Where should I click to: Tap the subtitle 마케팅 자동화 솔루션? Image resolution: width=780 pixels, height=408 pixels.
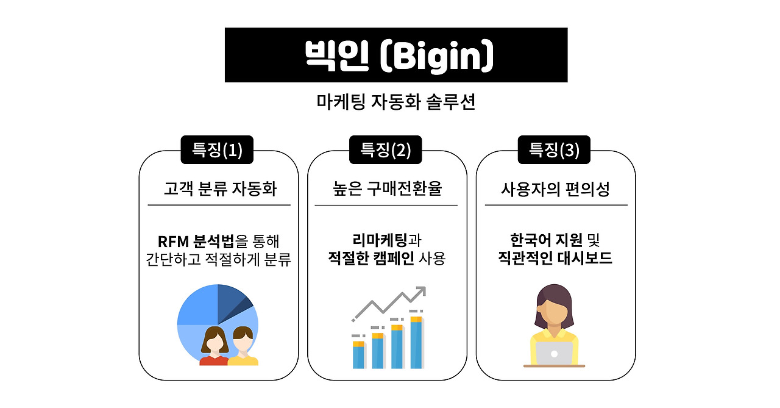pyautogui.click(x=396, y=102)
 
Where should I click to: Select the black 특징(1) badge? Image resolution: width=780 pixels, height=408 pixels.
pyautogui.click(x=217, y=150)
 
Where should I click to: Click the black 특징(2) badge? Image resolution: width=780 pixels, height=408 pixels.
pyautogui.click(x=386, y=150)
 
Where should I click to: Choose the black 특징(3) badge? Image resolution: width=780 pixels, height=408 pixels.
pyautogui.click(x=554, y=150)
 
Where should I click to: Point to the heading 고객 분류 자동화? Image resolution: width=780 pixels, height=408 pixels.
pyautogui.click(x=220, y=189)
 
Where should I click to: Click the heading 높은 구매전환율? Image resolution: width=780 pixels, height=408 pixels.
pyautogui.click(x=387, y=188)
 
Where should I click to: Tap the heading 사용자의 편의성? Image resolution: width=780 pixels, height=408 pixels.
pyautogui.click(x=555, y=189)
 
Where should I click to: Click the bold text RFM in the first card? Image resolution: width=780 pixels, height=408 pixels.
pyautogui.click(x=173, y=242)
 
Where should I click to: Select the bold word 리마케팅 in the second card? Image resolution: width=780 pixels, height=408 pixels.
pyautogui.click(x=380, y=240)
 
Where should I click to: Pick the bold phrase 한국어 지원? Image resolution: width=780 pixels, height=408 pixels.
pyautogui.click(x=547, y=240)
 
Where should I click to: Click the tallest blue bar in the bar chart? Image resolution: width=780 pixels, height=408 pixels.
pyautogui.click(x=416, y=345)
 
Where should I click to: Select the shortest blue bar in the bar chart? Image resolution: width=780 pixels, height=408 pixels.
pyautogui.click(x=358, y=357)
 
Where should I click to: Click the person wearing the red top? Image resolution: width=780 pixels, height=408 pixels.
pyautogui.click(x=214, y=346)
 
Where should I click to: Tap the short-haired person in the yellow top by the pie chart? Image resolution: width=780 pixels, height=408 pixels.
pyautogui.click(x=243, y=346)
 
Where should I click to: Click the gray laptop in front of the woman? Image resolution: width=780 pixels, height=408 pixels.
pyautogui.click(x=554, y=353)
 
